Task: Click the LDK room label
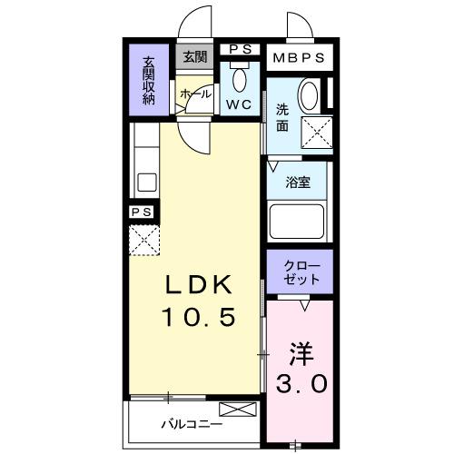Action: click(x=199, y=284)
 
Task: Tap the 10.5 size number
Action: click(x=199, y=317)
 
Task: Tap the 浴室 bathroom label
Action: click(x=299, y=182)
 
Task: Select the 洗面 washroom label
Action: click(x=282, y=119)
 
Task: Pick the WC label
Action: click(x=240, y=104)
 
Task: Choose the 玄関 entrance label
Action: click(x=194, y=56)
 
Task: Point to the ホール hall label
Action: click(x=195, y=94)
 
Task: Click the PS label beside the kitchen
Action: click(x=142, y=212)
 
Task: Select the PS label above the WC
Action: click(x=240, y=49)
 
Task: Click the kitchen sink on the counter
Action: click(x=147, y=181)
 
